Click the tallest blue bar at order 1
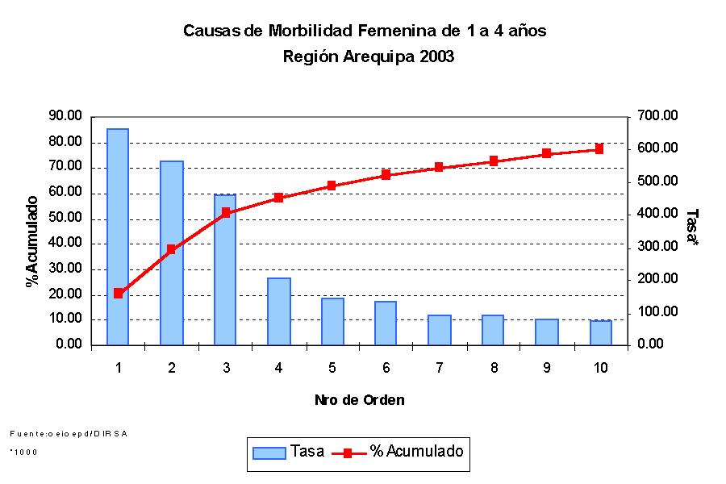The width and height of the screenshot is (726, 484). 118,236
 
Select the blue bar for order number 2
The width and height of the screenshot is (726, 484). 171,252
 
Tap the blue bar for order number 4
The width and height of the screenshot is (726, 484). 278,311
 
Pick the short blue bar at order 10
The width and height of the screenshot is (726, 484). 599,332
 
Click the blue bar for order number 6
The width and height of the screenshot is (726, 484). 386,323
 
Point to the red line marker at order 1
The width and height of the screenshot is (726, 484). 119,294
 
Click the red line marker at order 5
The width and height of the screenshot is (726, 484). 332,186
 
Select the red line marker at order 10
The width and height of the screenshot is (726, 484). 599,148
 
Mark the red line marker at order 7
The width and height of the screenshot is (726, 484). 439,167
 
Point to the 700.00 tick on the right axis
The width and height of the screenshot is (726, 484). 658,116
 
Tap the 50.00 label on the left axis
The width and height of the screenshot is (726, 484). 65,218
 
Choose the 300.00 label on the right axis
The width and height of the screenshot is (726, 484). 658,246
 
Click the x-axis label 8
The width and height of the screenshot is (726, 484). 492,368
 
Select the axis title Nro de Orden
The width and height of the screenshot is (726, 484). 359,400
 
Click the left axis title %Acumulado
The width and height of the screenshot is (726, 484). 32,240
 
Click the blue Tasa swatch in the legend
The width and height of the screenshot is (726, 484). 269,453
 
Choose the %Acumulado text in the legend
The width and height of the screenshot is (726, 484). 416,452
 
